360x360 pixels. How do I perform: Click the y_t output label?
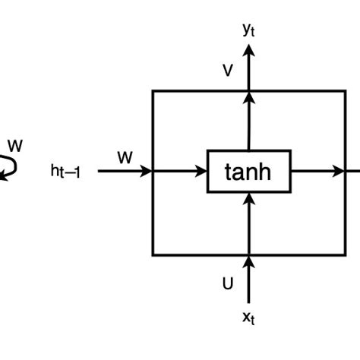248,30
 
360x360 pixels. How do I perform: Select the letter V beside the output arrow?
227,71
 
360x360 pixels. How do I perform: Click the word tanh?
248,172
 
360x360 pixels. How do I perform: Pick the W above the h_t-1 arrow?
125,157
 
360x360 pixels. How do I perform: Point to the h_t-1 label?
65,172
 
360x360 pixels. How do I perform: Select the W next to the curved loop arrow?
14,144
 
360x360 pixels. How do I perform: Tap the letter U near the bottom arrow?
227,284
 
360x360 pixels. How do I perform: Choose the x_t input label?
248,317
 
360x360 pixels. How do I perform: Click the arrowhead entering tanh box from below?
248,199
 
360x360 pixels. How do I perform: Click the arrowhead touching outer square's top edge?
248,97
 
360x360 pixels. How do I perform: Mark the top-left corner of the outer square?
154,91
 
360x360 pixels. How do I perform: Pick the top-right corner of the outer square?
344,91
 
